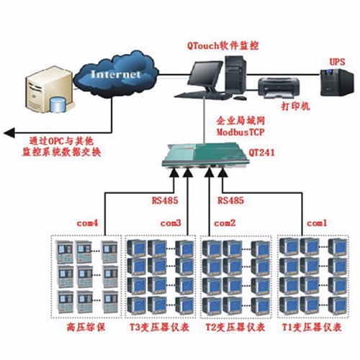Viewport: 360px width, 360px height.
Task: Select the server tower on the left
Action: tap(43, 90)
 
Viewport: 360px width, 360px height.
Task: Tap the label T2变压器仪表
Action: tap(235, 328)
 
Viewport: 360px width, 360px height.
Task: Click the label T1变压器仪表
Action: tap(311, 328)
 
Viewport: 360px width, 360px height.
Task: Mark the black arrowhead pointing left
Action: tap(9, 132)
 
